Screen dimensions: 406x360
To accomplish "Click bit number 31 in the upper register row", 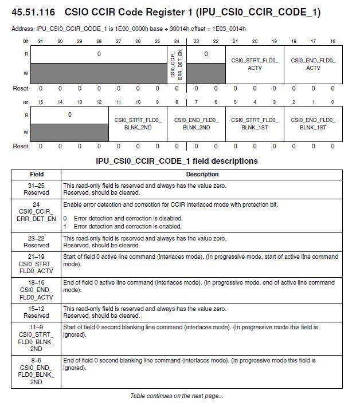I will click(x=41, y=41).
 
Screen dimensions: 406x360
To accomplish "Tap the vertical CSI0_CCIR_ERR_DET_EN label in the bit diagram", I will click(x=177, y=64).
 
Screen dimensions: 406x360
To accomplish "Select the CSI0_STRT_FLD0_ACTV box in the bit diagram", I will click(x=255, y=64).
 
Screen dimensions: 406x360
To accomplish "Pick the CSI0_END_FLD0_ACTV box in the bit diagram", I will click(x=313, y=64).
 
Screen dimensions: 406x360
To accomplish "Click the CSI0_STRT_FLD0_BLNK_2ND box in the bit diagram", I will click(x=138, y=124).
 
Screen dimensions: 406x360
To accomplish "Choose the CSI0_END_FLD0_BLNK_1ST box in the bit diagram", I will click(x=313, y=124).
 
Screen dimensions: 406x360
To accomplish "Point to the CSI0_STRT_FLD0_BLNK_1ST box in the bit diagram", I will click(x=255, y=124).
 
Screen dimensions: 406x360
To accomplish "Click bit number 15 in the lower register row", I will click(x=41, y=101).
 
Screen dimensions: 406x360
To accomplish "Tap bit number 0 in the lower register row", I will click(x=332, y=101).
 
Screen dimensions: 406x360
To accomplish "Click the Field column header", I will click(x=36, y=174).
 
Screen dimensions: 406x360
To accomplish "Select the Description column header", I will click(x=202, y=174).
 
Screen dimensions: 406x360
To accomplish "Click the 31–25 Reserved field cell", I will click(x=36, y=189).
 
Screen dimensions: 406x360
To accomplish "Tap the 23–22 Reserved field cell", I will click(x=36, y=242).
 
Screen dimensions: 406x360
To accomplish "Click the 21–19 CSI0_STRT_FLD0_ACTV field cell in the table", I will click(x=36, y=263).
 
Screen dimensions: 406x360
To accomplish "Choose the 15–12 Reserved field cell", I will click(x=36, y=312).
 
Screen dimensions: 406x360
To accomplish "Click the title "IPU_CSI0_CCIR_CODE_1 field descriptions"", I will click(x=177, y=161).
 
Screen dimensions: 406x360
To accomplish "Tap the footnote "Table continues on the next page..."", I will click(x=177, y=396).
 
